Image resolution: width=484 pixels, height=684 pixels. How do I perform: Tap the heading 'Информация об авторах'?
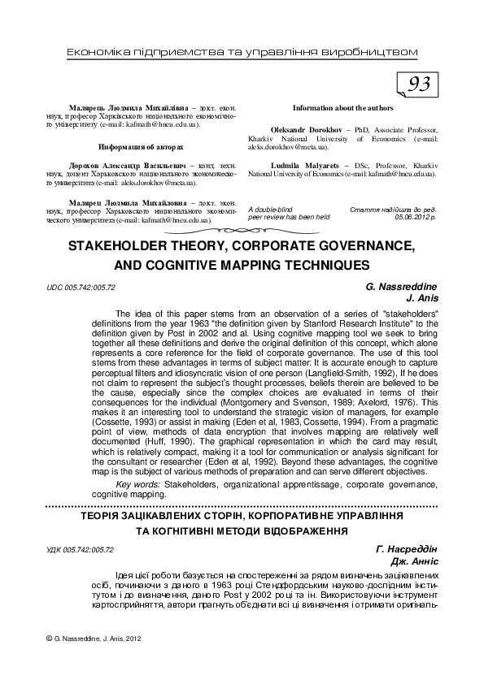click(x=141, y=147)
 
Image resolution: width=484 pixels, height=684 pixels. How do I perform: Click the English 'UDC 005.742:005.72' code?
click(x=81, y=288)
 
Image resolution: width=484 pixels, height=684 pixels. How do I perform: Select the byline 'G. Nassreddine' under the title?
click(x=401, y=287)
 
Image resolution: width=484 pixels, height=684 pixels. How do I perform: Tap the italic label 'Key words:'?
click(x=139, y=484)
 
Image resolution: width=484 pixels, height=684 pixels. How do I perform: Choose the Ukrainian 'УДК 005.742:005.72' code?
click(x=81, y=550)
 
